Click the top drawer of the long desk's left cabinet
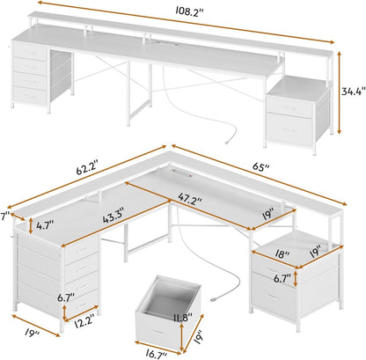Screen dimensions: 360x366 tap(30, 54)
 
